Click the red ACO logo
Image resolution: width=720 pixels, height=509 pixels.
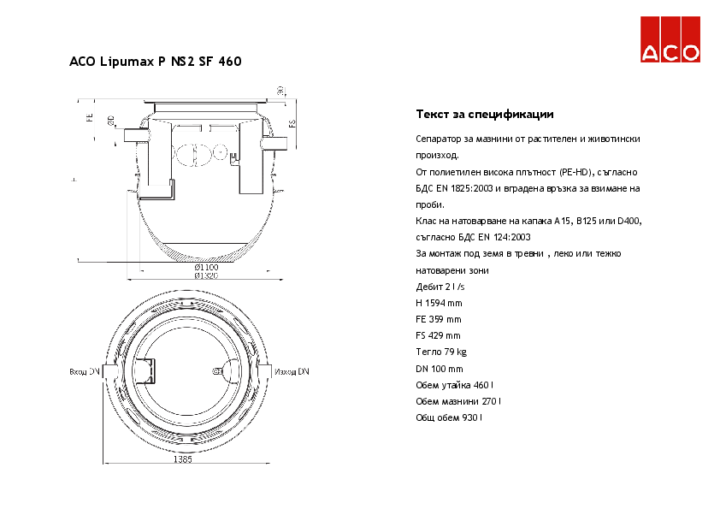(x=671, y=40)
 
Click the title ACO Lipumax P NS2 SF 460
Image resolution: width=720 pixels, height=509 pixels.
(x=155, y=62)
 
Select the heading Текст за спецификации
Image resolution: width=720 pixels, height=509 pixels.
(x=485, y=114)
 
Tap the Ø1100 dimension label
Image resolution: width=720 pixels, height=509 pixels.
(x=206, y=268)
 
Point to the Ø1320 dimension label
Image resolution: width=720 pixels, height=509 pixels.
(x=206, y=276)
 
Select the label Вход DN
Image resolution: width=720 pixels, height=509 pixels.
(x=84, y=372)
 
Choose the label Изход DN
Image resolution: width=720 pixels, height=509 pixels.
(x=292, y=372)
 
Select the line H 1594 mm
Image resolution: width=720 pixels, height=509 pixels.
(x=439, y=303)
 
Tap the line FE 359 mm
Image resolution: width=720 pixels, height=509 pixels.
(x=438, y=319)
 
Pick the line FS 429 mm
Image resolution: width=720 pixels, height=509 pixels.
(x=438, y=335)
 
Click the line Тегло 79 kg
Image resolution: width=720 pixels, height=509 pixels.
(x=440, y=352)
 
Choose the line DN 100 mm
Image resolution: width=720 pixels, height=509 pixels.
(x=439, y=369)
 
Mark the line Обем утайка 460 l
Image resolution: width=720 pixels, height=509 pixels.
(x=454, y=385)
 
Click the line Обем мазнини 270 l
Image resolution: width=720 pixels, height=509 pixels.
(x=457, y=401)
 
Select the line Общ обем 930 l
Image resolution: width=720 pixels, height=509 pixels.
(x=448, y=417)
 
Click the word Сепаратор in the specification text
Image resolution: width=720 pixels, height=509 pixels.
(x=439, y=139)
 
